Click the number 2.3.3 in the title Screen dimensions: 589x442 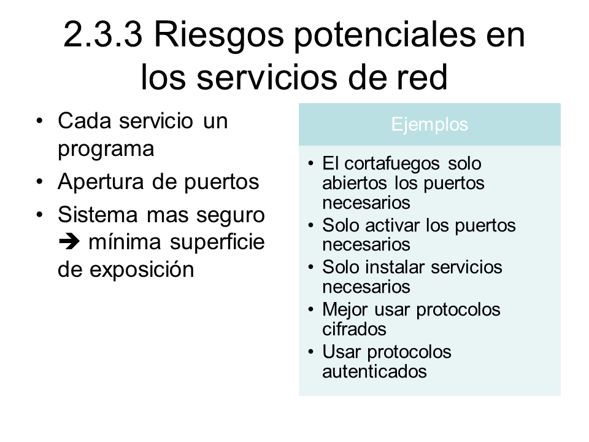tap(103, 34)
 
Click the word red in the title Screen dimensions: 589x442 tap(422, 77)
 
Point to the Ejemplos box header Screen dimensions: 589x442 tap(429, 124)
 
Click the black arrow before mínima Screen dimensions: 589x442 tap(69, 242)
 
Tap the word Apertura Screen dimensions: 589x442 tap(101, 182)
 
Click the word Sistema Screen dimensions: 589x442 tap(98, 215)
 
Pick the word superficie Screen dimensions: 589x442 tap(217, 242)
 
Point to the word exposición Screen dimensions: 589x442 tap(142, 270)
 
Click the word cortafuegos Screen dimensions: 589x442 tap(392, 164)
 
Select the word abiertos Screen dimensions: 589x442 tap(354, 183)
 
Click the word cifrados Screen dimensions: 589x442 tap(354, 329)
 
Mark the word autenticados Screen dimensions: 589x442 tap(374, 372)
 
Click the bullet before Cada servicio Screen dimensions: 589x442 tap(39, 121)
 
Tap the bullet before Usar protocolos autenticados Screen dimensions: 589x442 tap(310, 352)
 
